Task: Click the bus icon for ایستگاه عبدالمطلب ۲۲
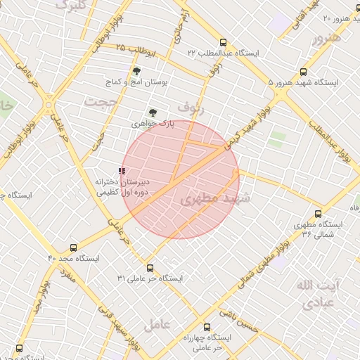pos(224,42)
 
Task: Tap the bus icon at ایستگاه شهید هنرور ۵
pos(303,72)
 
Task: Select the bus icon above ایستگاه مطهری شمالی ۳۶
pos(318,214)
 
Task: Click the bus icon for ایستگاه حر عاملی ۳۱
pos(149,268)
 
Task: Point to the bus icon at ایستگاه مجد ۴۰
pos(74,248)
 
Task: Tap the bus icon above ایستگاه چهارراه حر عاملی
pos(207,327)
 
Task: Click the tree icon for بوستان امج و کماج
pos(136,70)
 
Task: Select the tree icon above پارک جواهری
pos(153,112)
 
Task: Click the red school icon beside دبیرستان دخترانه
pos(122,170)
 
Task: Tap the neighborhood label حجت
pos(100,103)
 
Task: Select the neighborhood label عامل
pos(158,326)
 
